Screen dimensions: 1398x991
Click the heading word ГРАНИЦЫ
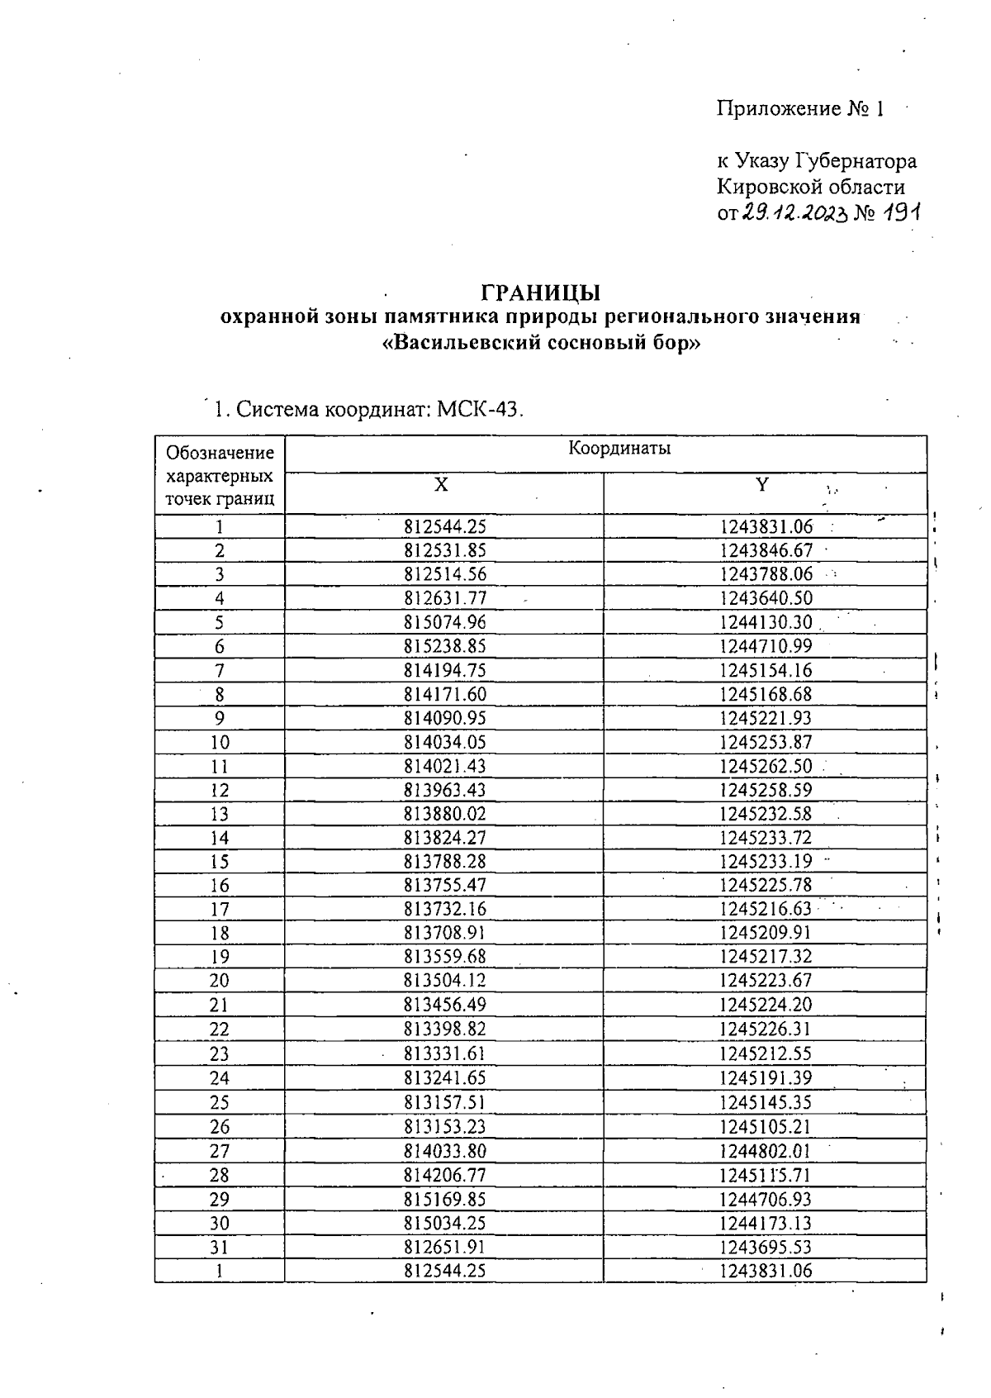pos(541,292)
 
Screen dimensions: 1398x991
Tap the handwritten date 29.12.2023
pos(794,212)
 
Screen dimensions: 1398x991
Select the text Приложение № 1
pos(800,109)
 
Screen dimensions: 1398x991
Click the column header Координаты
pos(619,449)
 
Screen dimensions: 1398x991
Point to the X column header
pos(442,485)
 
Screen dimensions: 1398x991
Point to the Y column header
pos(762,485)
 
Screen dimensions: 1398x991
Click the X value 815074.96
pos(445,622)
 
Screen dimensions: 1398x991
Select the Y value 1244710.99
pos(766,646)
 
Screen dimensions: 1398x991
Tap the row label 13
pos(220,814)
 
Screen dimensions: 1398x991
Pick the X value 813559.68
pos(445,957)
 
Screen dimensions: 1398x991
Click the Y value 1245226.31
pos(766,1029)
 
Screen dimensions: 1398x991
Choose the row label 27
pos(220,1151)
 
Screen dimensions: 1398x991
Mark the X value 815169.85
pos(445,1199)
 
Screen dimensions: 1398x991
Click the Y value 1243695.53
pos(766,1247)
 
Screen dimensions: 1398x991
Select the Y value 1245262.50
pos(766,766)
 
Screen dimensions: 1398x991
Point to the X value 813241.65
pos(445,1077)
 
